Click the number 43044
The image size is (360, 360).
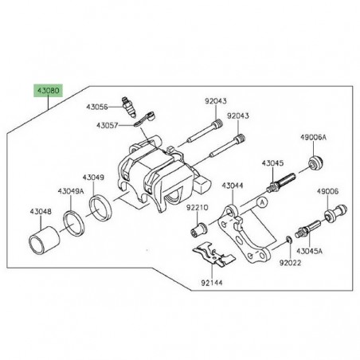tap(232, 186)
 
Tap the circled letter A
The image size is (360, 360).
tap(259, 203)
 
